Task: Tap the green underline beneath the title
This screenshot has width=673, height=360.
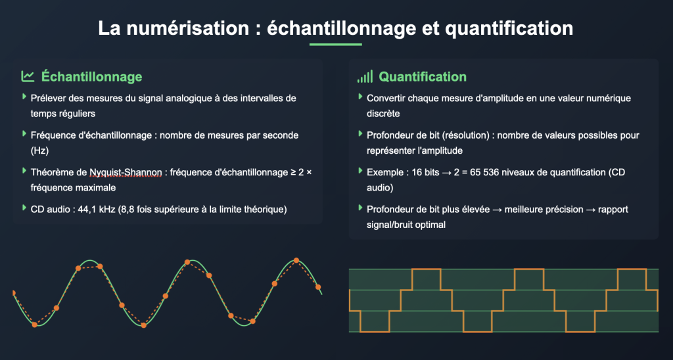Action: pos(336,44)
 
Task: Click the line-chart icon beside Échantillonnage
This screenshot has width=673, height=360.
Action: pos(28,76)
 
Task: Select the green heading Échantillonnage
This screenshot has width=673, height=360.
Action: pos(92,77)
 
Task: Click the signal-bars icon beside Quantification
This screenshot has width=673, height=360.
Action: pos(365,76)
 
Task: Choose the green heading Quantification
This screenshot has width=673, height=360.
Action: pos(423,77)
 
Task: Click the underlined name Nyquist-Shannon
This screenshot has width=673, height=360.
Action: pos(126,173)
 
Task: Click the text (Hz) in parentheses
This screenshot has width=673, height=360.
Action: pos(39,150)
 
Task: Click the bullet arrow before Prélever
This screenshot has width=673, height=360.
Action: pos(24,97)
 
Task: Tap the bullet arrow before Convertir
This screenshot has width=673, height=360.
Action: pos(361,97)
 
